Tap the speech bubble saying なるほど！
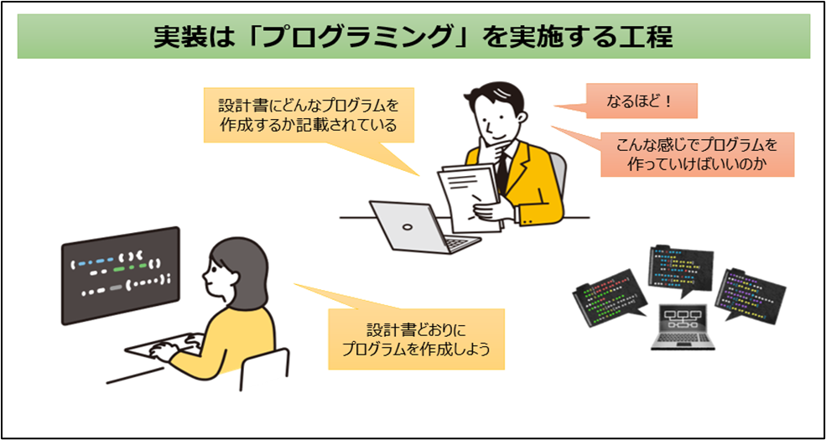[x=642, y=101]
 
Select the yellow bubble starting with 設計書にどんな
[x=309, y=116]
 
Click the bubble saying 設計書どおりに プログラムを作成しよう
[x=416, y=339]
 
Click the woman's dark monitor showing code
[x=121, y=275]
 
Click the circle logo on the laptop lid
[x=406, y=227]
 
